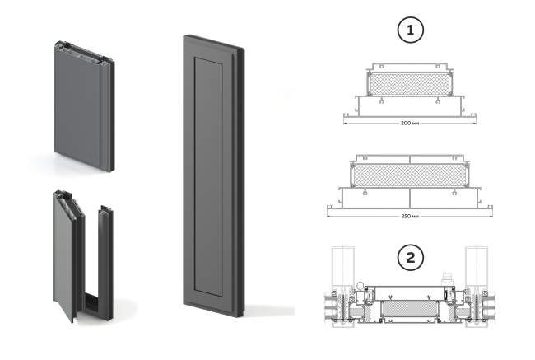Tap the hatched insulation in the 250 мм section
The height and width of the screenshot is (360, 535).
point(410,174)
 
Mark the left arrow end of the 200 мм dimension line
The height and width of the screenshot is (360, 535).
point(344,118)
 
